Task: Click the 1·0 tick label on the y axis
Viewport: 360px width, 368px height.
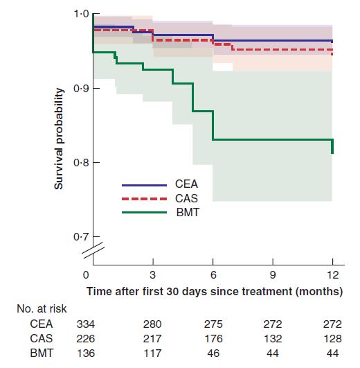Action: tap(81, 14)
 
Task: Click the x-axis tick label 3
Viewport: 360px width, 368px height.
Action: tap(152, 274)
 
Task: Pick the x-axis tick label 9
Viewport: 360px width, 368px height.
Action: tap(273, 274)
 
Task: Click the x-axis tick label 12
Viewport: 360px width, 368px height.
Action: tap(332, 274)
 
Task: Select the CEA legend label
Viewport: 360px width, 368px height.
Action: tap(186, 184)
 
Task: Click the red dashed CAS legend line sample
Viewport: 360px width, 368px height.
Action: tap(144, 199)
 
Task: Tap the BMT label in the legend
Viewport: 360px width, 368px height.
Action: tap(188, 212)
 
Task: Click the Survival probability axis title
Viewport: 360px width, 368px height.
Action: tap(59, 139)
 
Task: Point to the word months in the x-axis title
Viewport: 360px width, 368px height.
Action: tap(317, 292)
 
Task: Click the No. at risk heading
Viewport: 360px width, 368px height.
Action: tap(42, 309)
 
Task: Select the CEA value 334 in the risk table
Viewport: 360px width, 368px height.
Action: tap(86, 324)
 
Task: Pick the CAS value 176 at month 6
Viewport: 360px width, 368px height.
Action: tap(213, 339)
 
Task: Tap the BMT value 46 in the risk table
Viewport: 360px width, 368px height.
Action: tap(213, 353)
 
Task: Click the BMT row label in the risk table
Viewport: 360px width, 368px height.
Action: tap(42, 353)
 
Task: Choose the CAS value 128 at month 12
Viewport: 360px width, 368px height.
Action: tap(332, 339)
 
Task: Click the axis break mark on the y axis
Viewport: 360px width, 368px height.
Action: tap(93, 250)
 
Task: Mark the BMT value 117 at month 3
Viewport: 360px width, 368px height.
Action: tap(152, 353)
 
